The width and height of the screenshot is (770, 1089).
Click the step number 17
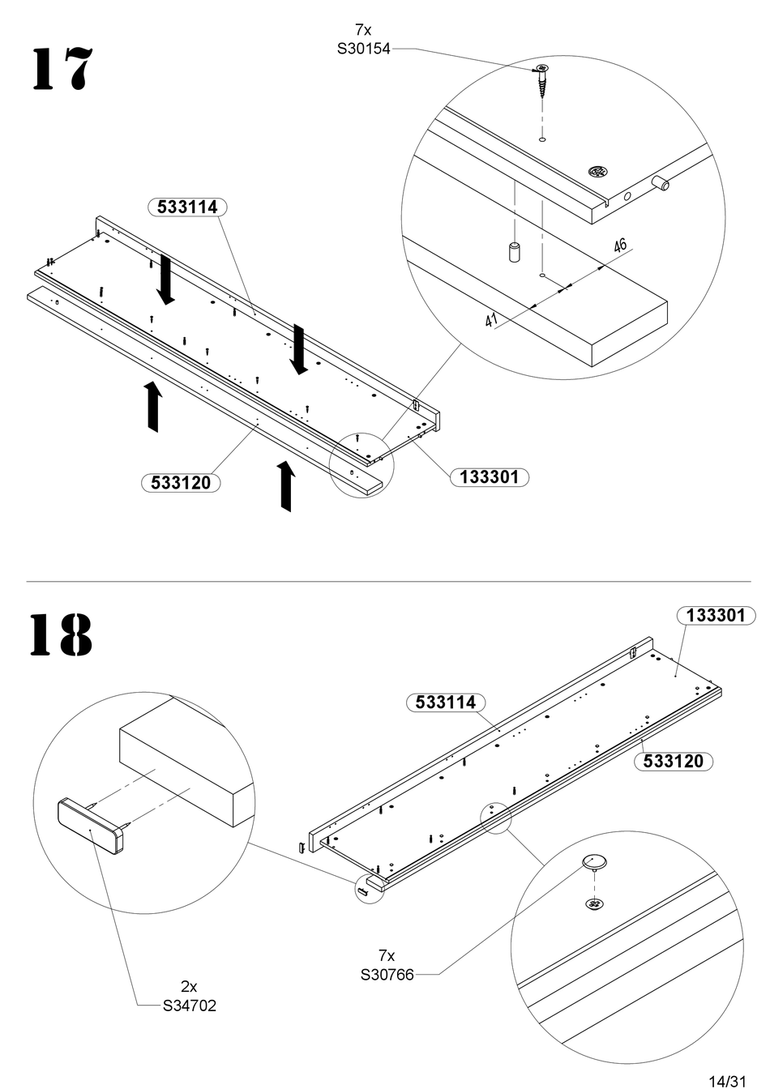[62, 69]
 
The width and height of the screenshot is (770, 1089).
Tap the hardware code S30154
[363, 49]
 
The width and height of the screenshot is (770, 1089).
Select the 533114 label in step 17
[187, 207]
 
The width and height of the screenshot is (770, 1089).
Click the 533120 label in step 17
[181, 483]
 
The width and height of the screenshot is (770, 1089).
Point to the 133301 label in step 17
[490, 477]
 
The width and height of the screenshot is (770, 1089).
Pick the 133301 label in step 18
[716, 616]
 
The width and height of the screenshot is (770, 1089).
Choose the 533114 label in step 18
[446, 702]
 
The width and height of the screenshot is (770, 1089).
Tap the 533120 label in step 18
[674, 761]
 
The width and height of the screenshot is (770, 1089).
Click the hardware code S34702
[189, 1006]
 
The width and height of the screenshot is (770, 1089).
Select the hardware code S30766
[387, 974]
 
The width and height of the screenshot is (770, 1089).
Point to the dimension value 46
[620, 246]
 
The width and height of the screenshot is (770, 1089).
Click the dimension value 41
[492, 320]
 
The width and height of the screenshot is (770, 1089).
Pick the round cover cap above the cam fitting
[594, 863]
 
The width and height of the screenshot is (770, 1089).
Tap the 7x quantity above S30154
[363, 30]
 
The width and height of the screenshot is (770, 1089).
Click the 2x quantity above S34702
[189, 986]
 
